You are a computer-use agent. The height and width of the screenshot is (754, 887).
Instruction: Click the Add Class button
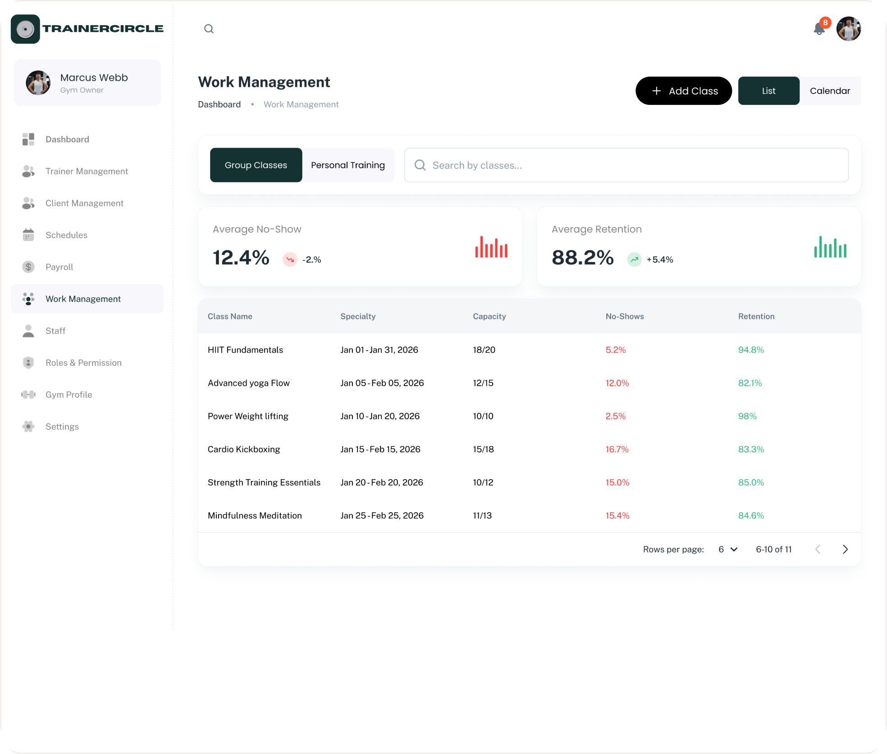coord(683,91)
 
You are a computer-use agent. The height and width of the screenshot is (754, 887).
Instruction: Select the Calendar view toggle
coord(830,91)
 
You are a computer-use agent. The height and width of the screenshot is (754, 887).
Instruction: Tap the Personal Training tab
coord(348,165)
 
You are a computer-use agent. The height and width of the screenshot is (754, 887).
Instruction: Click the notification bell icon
coord(819,29)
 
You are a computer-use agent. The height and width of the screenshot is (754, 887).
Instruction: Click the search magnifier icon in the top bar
coord(209,29)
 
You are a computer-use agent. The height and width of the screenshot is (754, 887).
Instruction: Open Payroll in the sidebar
coord(59,267)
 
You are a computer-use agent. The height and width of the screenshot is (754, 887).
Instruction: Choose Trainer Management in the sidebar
coord(87,171)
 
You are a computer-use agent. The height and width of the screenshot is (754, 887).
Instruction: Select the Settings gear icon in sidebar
coord(28,427)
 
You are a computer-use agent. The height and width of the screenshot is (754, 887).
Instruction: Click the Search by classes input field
coord(626,165)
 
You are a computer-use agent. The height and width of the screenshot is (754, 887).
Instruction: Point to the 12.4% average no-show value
coord(241,258)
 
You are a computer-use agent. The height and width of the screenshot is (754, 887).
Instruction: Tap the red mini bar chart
coord(491,247)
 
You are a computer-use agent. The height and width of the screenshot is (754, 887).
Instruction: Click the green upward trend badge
coord(634,259)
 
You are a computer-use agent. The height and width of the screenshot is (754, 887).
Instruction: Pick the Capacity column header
coord(489,316)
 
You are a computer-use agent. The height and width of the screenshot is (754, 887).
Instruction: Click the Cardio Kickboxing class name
coord(244,449)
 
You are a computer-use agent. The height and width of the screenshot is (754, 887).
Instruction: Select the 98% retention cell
coord(747,416)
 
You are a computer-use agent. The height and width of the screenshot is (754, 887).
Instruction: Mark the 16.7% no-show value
coord(617,449)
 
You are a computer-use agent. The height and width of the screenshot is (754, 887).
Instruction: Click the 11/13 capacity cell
coord(482,515)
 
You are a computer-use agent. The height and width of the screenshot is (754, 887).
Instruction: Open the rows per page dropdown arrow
coord(734,550)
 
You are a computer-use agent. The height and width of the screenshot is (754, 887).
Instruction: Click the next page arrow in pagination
coord(845,550)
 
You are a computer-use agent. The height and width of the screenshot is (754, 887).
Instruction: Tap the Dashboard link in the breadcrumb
coord(219,104)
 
